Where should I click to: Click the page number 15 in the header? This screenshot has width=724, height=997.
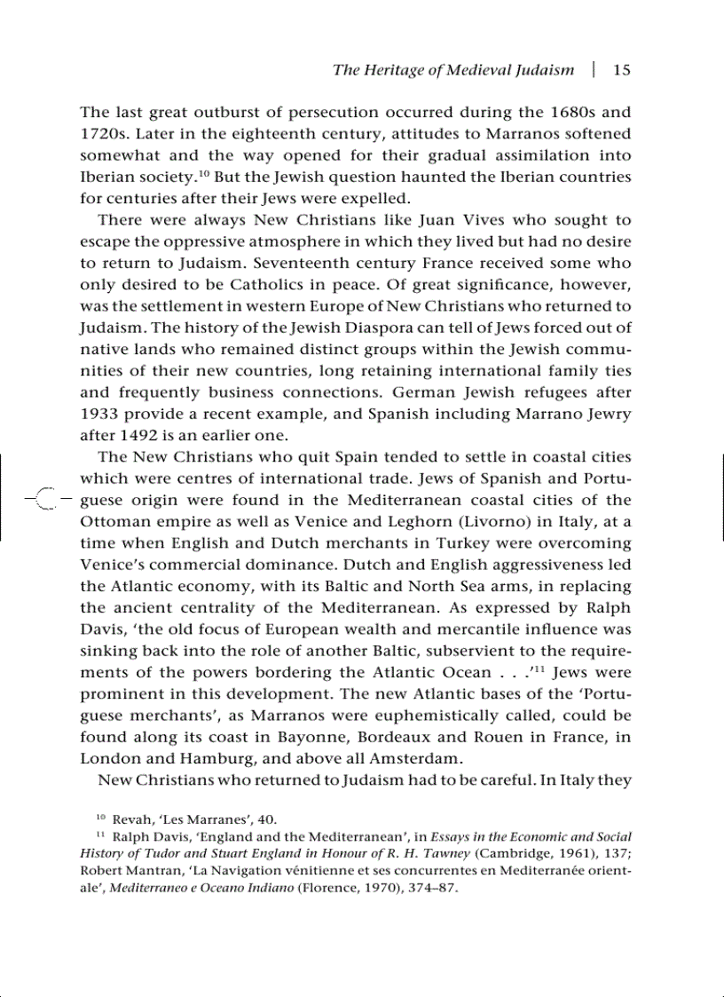pos(622,70)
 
